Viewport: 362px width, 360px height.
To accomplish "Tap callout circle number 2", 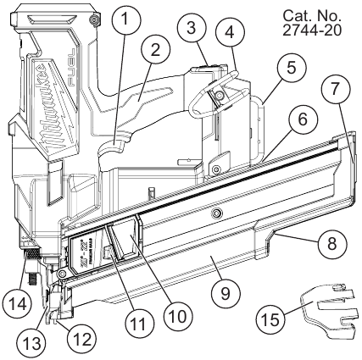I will [155, 50].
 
